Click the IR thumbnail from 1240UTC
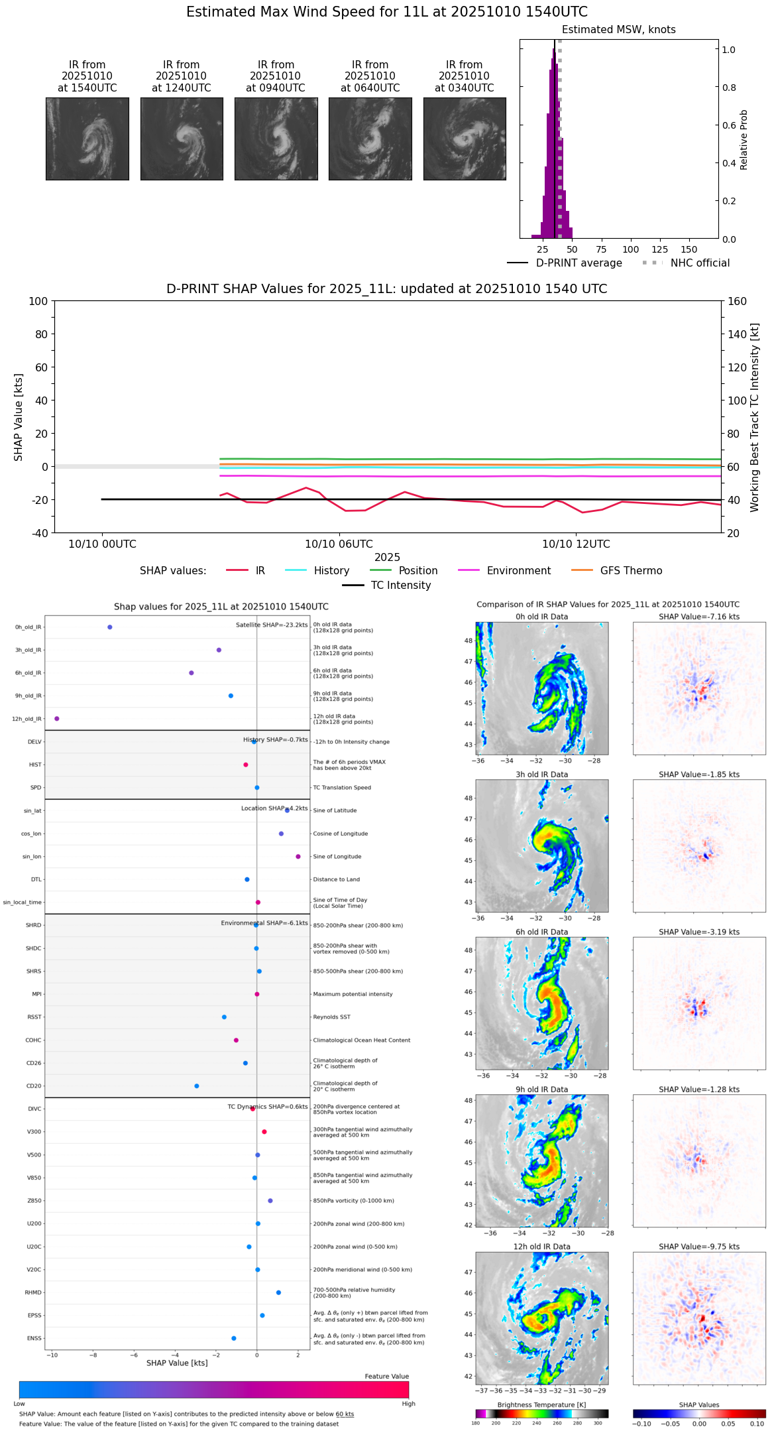(x=182, y=139)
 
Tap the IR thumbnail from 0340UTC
(x=465, y=139)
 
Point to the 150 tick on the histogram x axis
(x=689, y=250)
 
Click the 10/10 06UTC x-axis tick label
(x=339, y=544)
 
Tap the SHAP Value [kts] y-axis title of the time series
(x=19, y=417)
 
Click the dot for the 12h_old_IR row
(x=57, y=719)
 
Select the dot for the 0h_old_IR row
(x=110, y=627)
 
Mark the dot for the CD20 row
(x=197, y=1086)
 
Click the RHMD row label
(x=33, y=1292)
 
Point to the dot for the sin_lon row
(x=298, y=857)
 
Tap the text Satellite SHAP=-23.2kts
(x=272, y=625)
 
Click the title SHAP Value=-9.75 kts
(x=699, y=1247)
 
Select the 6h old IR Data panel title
(x=541, y=932)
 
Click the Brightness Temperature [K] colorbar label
(x=541, y=1405)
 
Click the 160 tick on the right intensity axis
(x=737, y=301)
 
